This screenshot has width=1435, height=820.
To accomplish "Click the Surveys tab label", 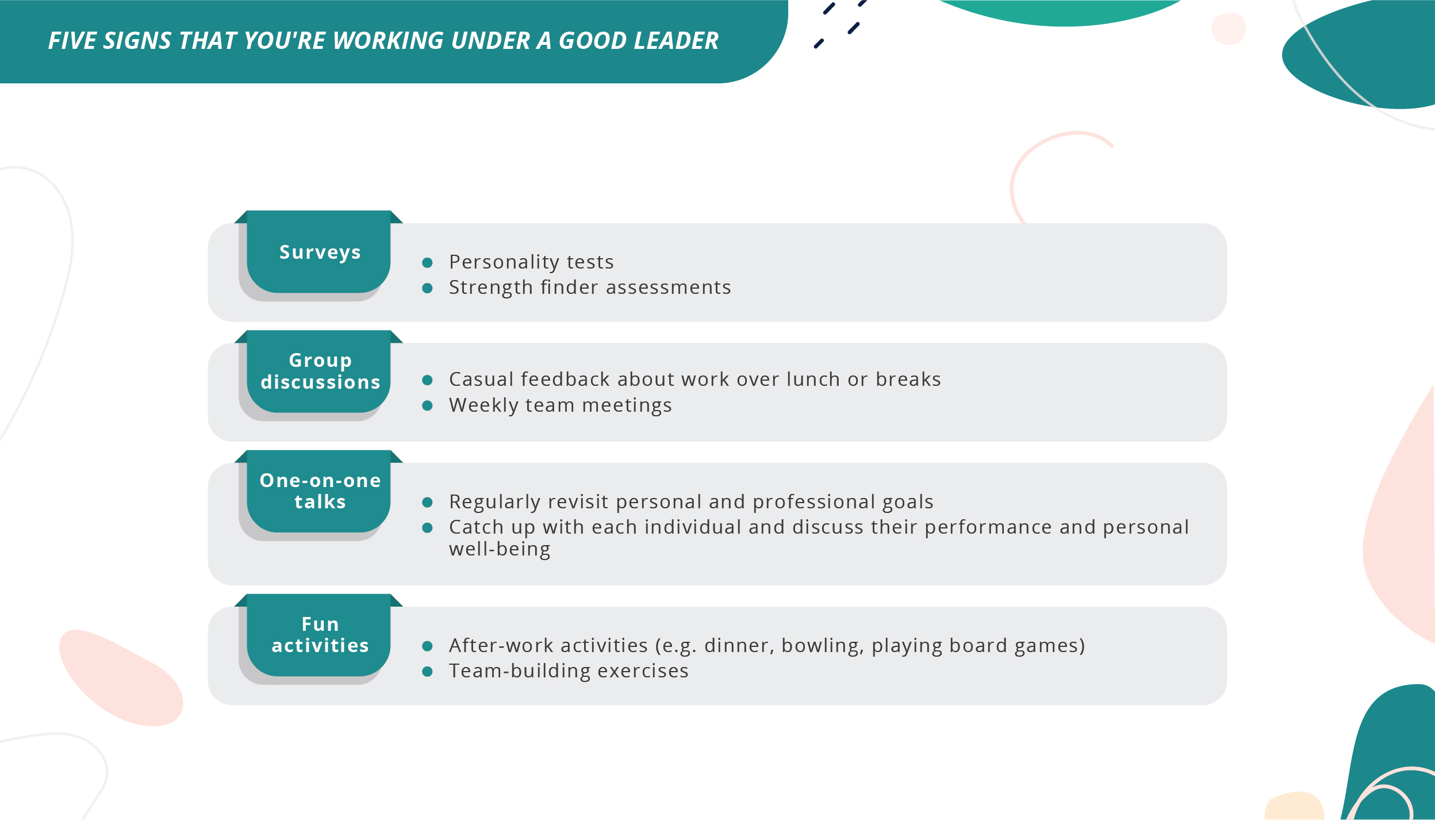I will tap(320, 252).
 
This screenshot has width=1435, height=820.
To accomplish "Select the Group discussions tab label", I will tap(320, 371).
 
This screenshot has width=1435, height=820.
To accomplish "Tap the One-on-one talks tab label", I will tap(320, 491).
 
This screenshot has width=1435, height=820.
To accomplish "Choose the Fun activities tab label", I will tap(320, 635).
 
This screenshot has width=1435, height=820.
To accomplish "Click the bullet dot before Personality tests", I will tap(427, 263).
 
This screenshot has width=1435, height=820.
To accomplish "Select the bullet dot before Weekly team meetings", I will tap(427, 406).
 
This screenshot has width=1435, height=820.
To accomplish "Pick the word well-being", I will tap(500, 550).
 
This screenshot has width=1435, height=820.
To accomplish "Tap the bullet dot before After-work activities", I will tap(427, 646).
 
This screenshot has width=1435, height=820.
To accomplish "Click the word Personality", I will tap(504, 262).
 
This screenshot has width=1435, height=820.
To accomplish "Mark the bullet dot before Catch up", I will tap(427, 528).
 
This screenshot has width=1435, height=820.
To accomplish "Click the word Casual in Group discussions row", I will tap(481, 380).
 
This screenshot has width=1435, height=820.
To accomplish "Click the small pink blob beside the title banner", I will tap(1228, 29).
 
